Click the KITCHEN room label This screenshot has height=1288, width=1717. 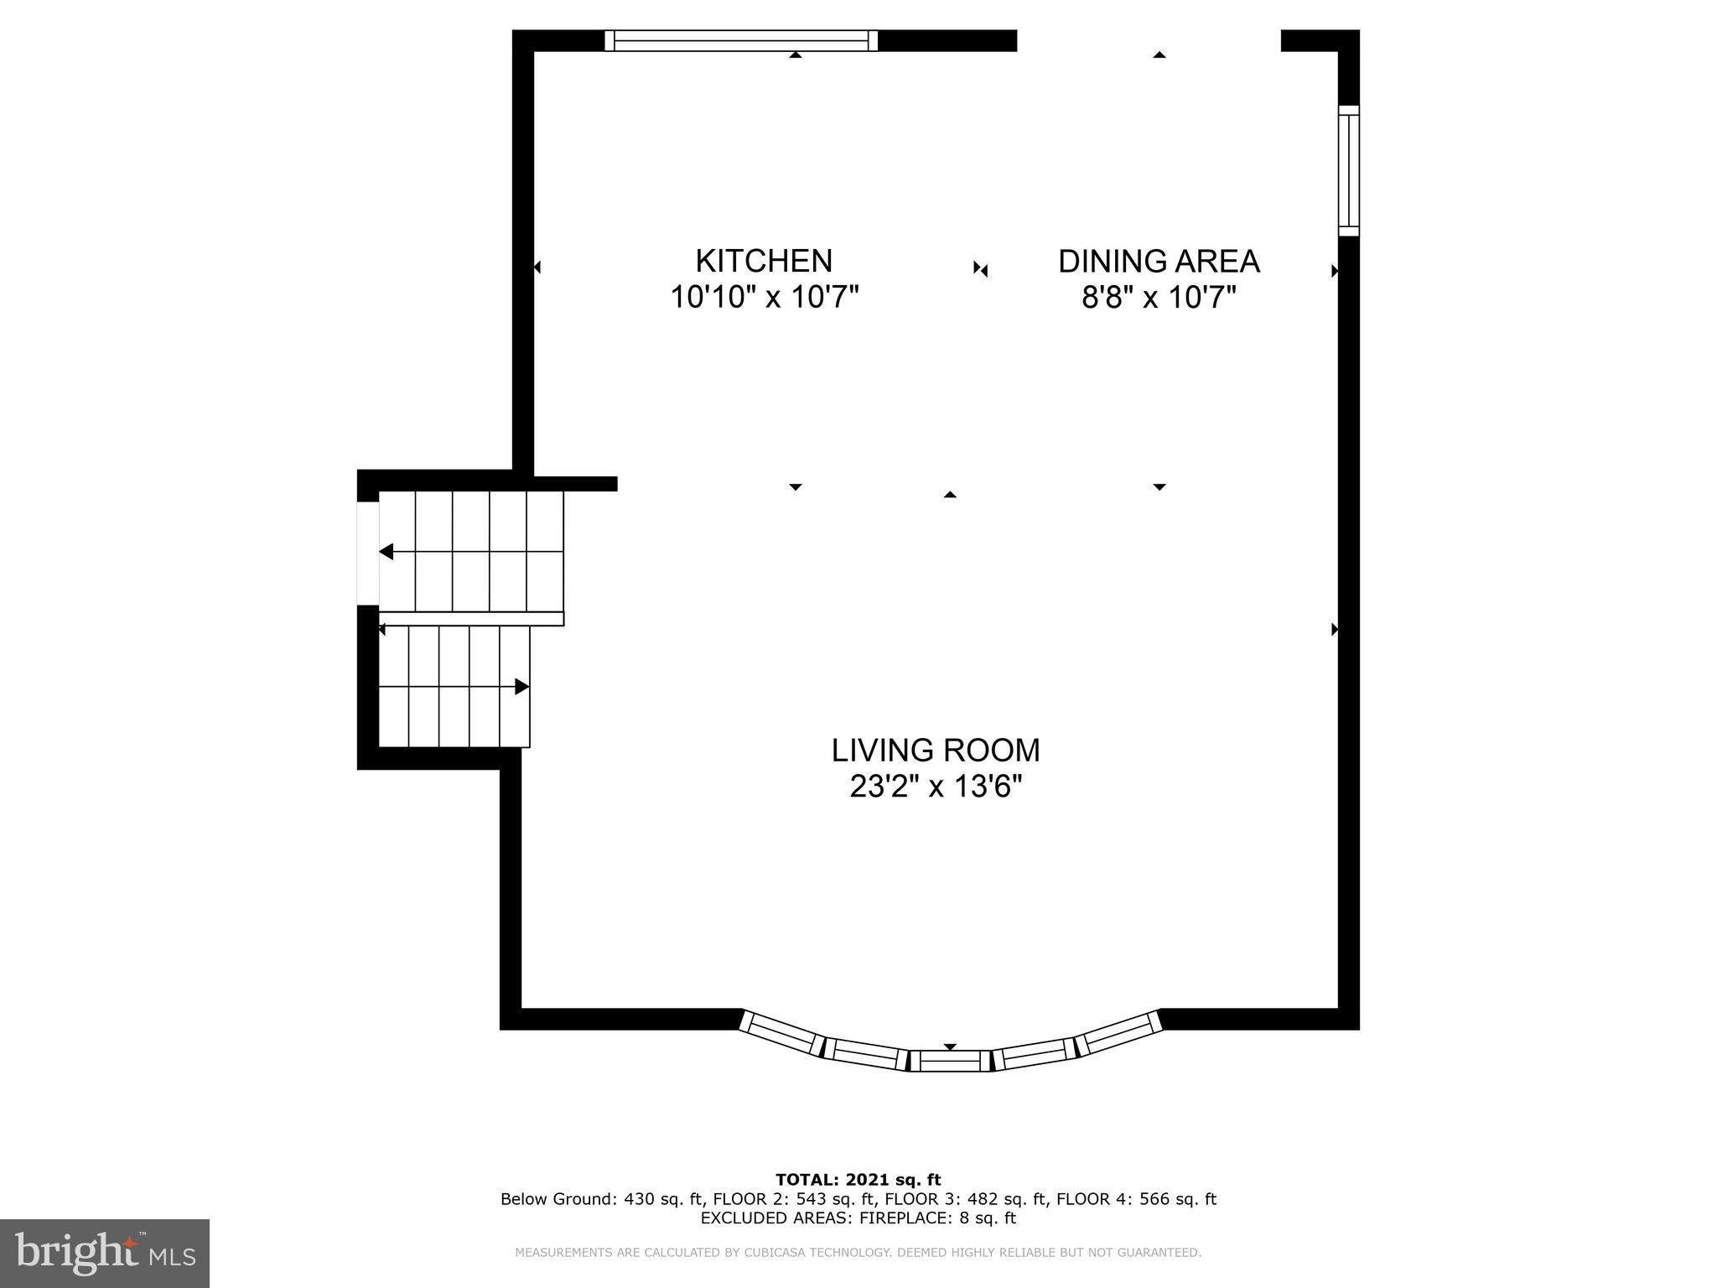pos(764,261)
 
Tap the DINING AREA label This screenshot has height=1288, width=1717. pos(1159,262)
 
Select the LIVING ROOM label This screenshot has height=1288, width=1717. pos(936,750)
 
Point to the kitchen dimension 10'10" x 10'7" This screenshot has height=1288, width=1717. pos(765,297)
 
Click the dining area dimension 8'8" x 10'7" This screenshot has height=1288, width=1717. pos(1159,298)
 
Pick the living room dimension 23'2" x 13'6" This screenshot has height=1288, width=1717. pos(936,787)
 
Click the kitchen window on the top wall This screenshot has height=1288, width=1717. pos(741,40)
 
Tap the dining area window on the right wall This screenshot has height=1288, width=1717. pos(1348,171)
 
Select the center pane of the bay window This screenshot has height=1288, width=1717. pos(950,1061)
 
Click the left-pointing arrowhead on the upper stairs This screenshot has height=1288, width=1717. pos(386,552)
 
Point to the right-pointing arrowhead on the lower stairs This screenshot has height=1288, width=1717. pos(521,687)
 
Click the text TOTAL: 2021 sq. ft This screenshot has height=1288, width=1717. pos(858,1181)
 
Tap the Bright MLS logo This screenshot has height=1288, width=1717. pos(105,1253)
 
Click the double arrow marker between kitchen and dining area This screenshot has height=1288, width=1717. pos(981,269)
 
